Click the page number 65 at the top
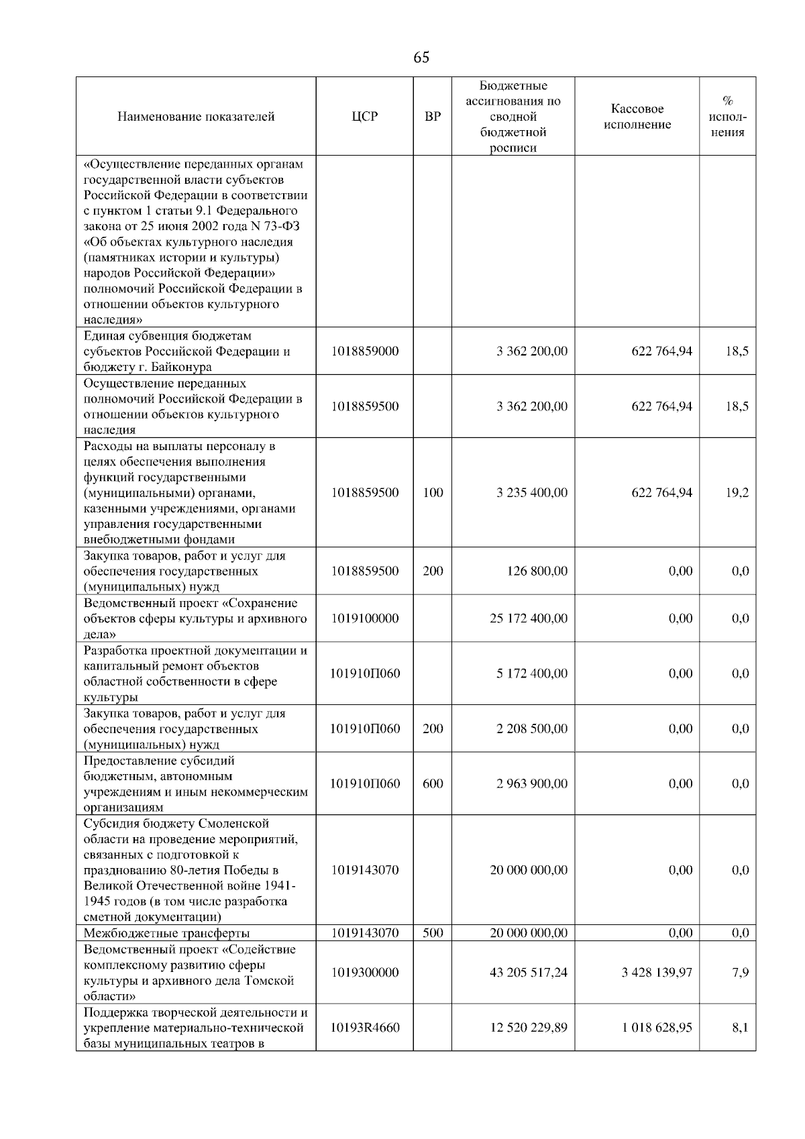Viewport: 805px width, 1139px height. pyautogui.click(x=421, y=58)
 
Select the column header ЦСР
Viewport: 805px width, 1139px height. pyautogui.click(x=365, y=117)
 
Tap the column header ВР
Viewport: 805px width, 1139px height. pyautogui.click(x=433, y=117)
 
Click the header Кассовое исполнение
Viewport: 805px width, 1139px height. pyautogui.click(x=637, y=117)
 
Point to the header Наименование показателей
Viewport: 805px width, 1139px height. pyautogui.click(x=196, y=117)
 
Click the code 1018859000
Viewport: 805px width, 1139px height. pyautogui.click(x=365, y=351)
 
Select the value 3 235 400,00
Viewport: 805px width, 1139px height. pyautogui.click(x=531, y=492)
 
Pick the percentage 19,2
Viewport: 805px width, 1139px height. pyautogui.click(x=737, y=492)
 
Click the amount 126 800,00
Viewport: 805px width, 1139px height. pyautogui.click(x=537, y=571)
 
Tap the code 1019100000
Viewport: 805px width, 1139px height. pyautogui.click(x=365, y=618)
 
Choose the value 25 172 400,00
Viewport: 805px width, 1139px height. pyautogui.click(x=529, y=618)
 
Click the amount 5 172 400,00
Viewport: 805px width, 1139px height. pyautogui.click(x=531, y=673)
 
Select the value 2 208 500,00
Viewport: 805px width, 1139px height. pyautogui.click(x=531, y=728)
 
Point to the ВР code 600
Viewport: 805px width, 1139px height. pyautogui.click(x=433, y=783)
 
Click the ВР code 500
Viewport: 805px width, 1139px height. pyautogui.click(x=433, y=932)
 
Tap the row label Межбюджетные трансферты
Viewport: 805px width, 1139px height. pyautogui.click(x=166, y=933)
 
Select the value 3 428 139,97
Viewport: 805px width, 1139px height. pyautogui.click(x=657, y=972)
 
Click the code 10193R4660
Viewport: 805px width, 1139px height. pyautogui.click(x=365, y=1027)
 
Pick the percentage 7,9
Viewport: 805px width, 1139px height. pyautogui.click(x=741, y=972)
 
